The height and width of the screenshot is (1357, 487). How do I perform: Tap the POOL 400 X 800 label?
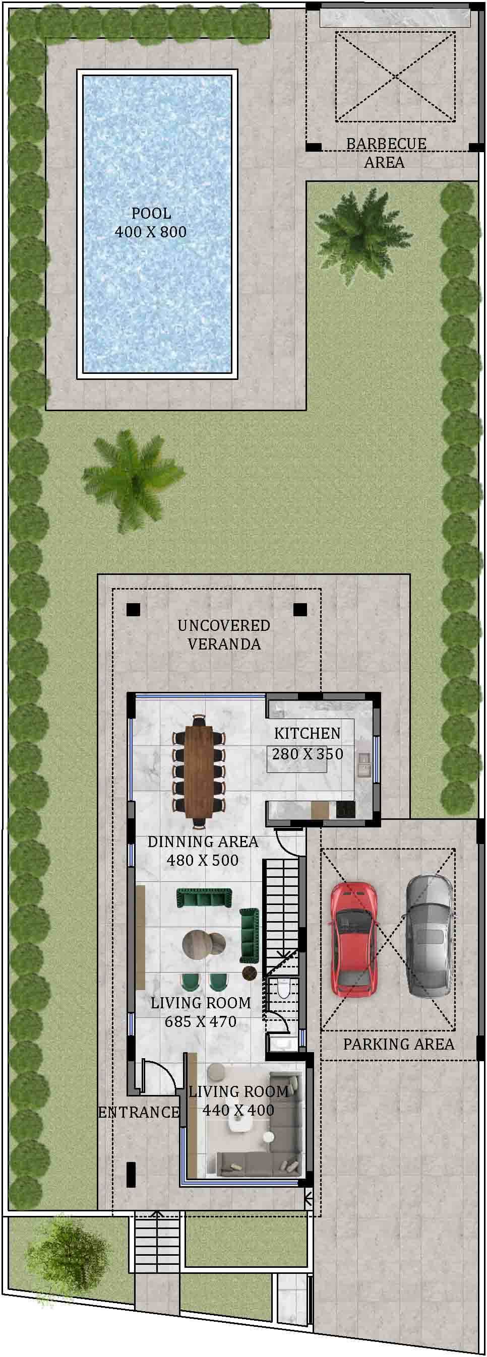[x=151, y=222]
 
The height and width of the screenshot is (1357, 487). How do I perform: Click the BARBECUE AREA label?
[x=386, y=152]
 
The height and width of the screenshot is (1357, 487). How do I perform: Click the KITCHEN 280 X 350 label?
[x=308, y=743]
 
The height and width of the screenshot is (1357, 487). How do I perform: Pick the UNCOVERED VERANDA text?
[x=224, y=635]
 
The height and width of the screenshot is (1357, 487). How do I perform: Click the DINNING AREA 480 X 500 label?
[x=203, y=851]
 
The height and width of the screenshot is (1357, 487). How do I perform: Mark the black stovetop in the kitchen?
[x=345, y=809]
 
